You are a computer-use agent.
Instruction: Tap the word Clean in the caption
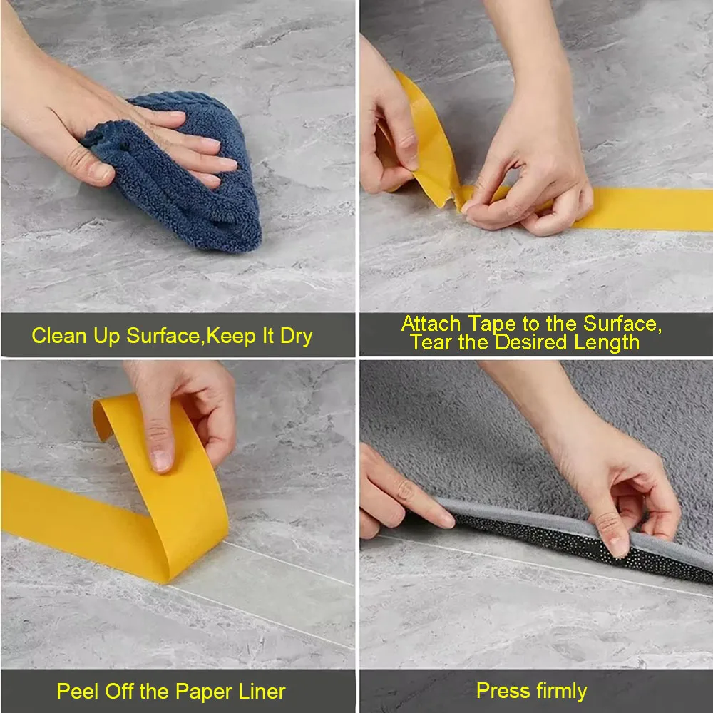point(59,336)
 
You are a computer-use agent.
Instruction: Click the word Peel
point(78,692)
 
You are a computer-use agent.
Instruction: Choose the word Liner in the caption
point(262,692)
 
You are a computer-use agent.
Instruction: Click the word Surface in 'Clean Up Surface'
point(163,336)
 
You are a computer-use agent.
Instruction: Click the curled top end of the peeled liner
point(101,419)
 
